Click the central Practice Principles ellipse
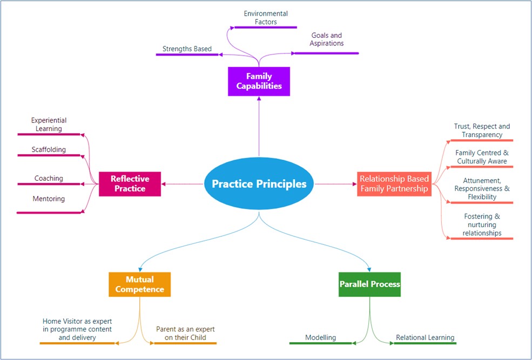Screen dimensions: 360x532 (x=259, y=184)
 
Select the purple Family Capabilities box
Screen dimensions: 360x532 (x=259, y=81)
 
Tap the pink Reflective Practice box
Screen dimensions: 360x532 (x=130, y=184)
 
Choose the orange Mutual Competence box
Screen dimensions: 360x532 (x=140, y=284)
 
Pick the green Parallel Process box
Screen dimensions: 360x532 (x=370, y=284)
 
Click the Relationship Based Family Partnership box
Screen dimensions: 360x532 (x=394, y=184)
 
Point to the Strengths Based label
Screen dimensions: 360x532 (x=187, y=49)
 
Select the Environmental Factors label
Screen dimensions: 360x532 (x=265, y=18)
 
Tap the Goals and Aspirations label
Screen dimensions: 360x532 (x=327, y=39)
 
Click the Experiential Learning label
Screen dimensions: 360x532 (x=49, y=125)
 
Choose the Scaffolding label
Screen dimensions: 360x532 (x=49, y=150)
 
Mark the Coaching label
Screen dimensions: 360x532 (x=49, y=178)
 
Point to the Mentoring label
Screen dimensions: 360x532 (x=49, y=199)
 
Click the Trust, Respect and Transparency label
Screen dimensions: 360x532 (x=482, y=131)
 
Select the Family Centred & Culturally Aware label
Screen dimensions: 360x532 (x=482, y=157)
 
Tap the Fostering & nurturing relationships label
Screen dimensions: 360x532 (x=482, y=225)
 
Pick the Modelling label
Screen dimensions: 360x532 (x=320, y=337)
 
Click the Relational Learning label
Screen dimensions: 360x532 (x=425, y=337)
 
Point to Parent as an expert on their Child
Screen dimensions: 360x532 (x=181, y=334)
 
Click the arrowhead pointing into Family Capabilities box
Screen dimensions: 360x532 (x=259, y=99)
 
